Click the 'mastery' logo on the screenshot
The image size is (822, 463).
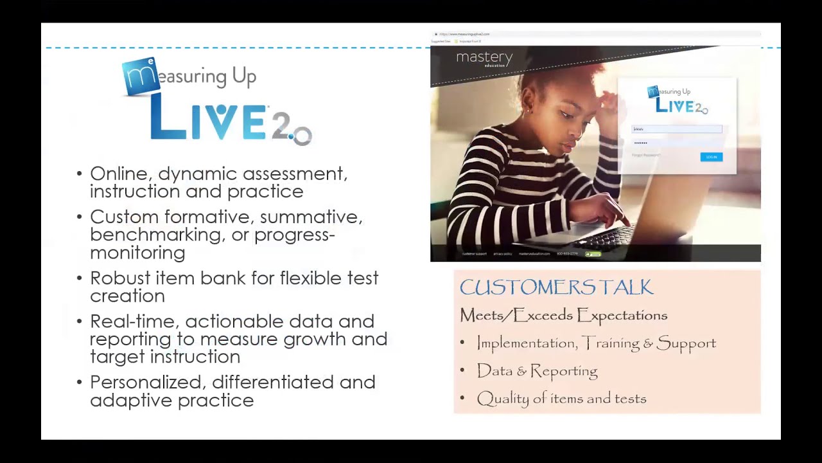click(484, 59)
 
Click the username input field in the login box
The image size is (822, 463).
click(677, 129)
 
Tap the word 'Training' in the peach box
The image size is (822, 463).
click(611, 343)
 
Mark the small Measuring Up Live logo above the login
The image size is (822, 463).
click(678, 100)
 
